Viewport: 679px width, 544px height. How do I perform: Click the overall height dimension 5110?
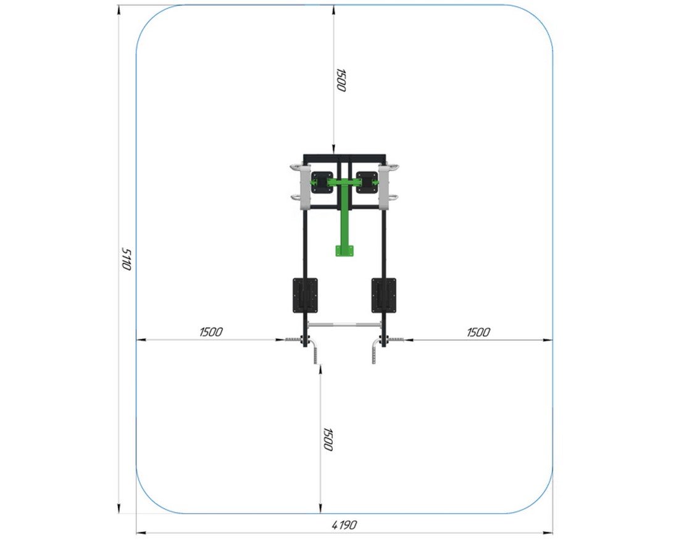pos(125,259)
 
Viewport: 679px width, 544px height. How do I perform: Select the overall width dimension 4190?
pos(344,525)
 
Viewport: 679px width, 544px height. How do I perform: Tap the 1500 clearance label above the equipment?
pos(341,80)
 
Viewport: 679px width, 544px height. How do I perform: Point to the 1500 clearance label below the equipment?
pos(328,440)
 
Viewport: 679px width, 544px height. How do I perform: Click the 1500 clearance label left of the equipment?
pos(211,332)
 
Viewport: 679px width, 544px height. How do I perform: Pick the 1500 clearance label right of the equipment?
pos(478,333)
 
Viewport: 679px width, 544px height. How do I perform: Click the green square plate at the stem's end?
pos(344,250)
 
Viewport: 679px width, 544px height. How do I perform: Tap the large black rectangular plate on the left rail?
pos(306,295)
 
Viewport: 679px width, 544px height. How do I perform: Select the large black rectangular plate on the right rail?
pos(384,295)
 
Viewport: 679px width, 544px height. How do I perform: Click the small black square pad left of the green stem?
pos(322,182)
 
